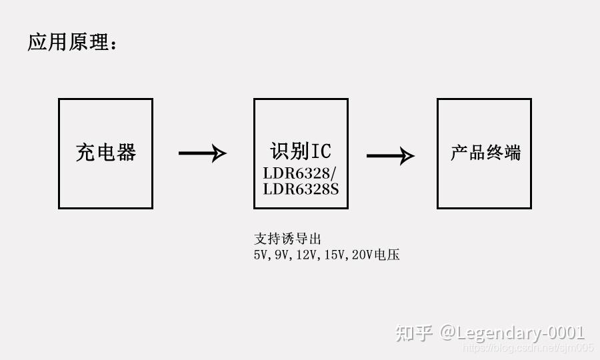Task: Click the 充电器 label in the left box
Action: point(106,153)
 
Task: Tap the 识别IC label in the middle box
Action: point(301,151)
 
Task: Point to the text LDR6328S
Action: point(301,189)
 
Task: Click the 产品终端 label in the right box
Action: point(485,153)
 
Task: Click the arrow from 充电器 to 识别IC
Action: point(202,153)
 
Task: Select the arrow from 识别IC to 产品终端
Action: point(390,156)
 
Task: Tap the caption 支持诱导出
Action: point(283,238)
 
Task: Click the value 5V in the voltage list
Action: point(260,255)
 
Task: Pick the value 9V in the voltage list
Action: point(282,255)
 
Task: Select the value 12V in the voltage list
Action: point(307,255)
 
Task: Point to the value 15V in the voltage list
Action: point(335,255)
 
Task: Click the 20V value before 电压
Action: point(363,255)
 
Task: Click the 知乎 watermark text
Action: point(414,332)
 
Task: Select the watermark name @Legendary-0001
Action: point(512,332)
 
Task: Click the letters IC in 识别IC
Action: point(320,151)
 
